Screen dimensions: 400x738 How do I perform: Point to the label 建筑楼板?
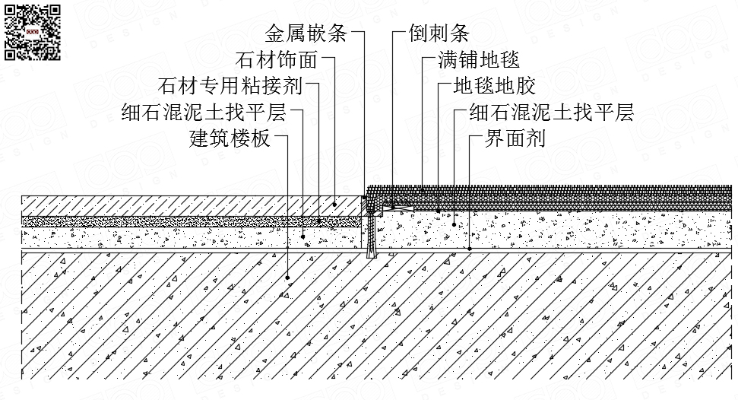(x=230, y=139)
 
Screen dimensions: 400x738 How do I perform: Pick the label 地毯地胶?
(x=494, y=86)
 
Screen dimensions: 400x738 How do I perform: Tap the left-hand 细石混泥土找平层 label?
(x=203, y=113)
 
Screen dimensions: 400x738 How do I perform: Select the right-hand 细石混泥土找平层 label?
(x=551, y=113)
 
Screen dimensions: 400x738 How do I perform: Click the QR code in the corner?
(x=33, y=32)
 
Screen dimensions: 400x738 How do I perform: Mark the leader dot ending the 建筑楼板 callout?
(x=288, y=278)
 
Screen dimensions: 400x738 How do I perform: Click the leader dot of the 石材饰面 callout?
(x=335, y=205)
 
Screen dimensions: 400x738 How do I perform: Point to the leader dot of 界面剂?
(x=470, y=248)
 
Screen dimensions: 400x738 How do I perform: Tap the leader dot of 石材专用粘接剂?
(x=319, y=221)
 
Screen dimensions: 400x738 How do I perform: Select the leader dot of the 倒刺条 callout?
(x=393, y=204)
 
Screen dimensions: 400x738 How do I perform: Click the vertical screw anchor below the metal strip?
(x=371, y=236)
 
